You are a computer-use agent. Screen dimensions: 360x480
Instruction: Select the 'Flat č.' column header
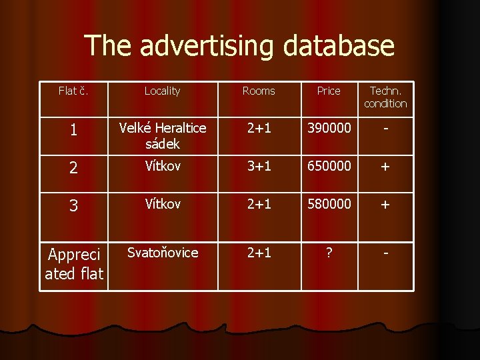point(73,91)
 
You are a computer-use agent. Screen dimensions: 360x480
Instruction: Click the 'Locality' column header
point(162,91)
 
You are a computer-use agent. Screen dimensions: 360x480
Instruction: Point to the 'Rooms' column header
point(259,91)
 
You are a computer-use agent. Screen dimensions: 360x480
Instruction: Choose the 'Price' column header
point(329,91)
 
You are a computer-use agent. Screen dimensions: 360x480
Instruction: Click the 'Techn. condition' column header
point(385,97)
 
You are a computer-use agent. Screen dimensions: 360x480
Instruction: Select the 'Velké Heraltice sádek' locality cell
point(162,135)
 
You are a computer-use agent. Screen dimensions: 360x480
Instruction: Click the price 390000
point(329,129)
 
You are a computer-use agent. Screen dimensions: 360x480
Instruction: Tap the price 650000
point(329,167)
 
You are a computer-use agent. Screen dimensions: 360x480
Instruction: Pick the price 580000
point(329,205)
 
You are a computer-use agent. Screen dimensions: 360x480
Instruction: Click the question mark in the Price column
point(329,253)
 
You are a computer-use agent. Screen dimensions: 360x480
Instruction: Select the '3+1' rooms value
point(259,167)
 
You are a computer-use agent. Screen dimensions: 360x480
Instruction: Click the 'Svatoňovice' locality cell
point(162,253)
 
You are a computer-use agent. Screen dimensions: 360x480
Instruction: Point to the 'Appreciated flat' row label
point(73,264)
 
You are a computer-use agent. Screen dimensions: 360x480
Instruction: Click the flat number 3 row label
point(73,207)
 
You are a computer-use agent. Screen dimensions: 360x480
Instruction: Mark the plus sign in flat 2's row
point(385,167)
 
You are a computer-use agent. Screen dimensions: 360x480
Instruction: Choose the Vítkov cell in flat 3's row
point(162,205)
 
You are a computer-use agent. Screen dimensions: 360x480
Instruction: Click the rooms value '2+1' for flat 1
point(259,129)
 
